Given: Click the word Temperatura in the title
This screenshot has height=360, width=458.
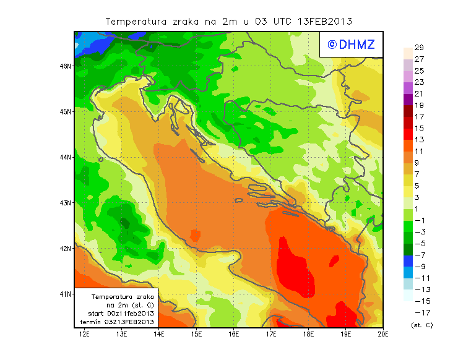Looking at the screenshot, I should (133, 22).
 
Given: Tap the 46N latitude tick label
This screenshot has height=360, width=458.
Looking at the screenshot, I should (66, 66).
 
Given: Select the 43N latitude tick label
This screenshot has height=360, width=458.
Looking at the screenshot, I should (66, 203).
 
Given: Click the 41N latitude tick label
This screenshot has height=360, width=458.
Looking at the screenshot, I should (66, 294).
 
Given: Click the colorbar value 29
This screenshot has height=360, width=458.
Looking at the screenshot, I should (418, 48).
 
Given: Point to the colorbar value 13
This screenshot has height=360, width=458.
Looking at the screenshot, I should (418, 140).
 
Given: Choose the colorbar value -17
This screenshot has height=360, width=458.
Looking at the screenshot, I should (418, 312).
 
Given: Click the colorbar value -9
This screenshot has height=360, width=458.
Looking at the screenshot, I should (418, 267).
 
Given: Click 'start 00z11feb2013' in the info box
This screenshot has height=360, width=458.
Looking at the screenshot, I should (117, 314).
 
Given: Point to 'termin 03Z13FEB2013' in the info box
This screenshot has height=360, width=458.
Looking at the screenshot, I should (117, 322).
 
